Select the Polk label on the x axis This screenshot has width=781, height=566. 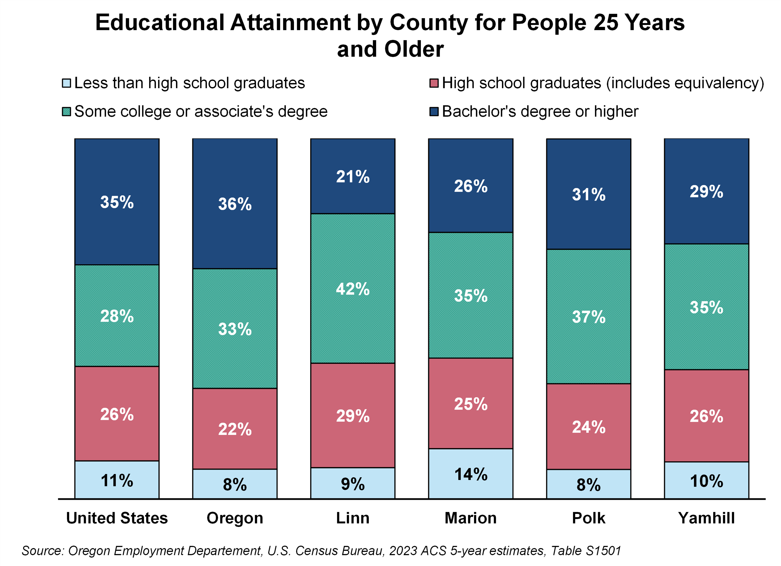point(589,518)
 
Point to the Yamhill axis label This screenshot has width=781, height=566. point(706,518)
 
